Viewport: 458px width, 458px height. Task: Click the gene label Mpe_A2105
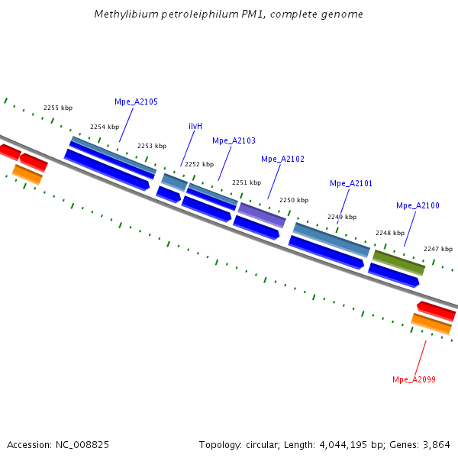point(136,102)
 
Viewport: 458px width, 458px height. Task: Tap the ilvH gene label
point(195,126)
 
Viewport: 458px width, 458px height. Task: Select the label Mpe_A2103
point(234,140)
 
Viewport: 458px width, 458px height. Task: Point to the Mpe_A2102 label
point(282,159)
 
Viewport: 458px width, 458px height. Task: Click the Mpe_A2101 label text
point(351,183)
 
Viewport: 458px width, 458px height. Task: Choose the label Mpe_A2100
point(418,205)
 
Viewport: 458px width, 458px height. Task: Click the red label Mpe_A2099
point(414,379)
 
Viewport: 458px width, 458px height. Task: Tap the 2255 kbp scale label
point(58,108)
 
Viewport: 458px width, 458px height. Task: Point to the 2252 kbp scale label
point(199,164)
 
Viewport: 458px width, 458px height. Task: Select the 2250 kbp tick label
point(294,200)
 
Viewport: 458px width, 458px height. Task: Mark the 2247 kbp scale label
point(438,249)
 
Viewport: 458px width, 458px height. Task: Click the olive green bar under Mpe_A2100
point(398,262)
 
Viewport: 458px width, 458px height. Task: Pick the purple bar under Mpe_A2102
point(262,215)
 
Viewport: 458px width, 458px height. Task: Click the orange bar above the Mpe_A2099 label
point(431,324)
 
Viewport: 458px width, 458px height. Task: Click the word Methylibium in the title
point(121,15)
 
